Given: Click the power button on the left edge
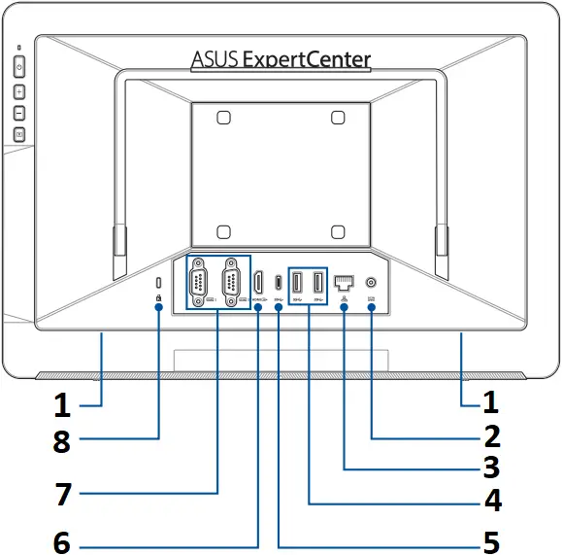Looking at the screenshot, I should coord(19,69).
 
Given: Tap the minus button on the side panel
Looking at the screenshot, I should coord(19,113).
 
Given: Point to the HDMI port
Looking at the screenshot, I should coord(258,282).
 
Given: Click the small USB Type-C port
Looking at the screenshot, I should coord(279,283).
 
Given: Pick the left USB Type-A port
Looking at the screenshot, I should coord(299,282).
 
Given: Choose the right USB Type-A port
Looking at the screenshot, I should coord(317,282).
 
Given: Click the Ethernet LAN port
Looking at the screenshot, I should coord(345,283).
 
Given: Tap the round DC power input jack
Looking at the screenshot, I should coord(373,282).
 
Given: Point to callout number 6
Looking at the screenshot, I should coord(62,542).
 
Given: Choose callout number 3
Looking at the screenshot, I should coord(491,468).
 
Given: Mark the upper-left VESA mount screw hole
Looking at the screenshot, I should coord(223,118).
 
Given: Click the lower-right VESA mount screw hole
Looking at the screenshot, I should coord(337,232).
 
